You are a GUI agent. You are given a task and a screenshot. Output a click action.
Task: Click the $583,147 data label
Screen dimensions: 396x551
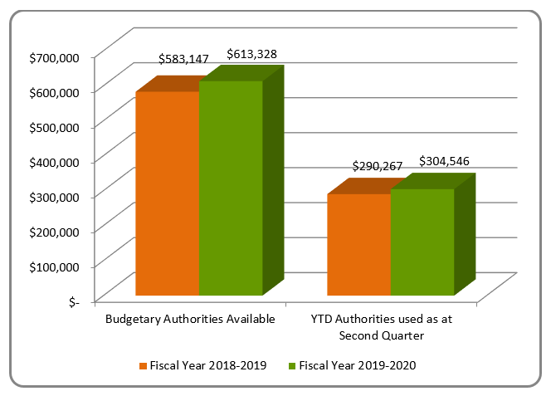tap(183, 59)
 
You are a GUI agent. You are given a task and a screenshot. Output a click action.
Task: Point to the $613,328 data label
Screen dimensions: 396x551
tap(251, 54)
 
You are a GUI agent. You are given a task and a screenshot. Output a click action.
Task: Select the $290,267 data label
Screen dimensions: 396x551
tap(378, 166)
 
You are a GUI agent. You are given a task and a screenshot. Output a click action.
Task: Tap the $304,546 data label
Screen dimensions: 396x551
tap(445, 161)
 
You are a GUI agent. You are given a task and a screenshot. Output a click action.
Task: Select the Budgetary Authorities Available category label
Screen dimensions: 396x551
tap(189, 319)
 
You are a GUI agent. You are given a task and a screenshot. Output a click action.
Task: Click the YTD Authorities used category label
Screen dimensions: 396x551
tap(381, 327)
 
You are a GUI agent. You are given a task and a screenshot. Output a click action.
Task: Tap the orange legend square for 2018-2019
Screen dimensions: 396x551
tap(143, 365)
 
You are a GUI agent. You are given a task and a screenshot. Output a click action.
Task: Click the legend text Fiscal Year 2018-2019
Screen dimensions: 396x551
tap(208, 365)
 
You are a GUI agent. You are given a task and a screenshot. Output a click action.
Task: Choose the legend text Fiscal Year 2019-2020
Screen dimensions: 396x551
tap(357, 365)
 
